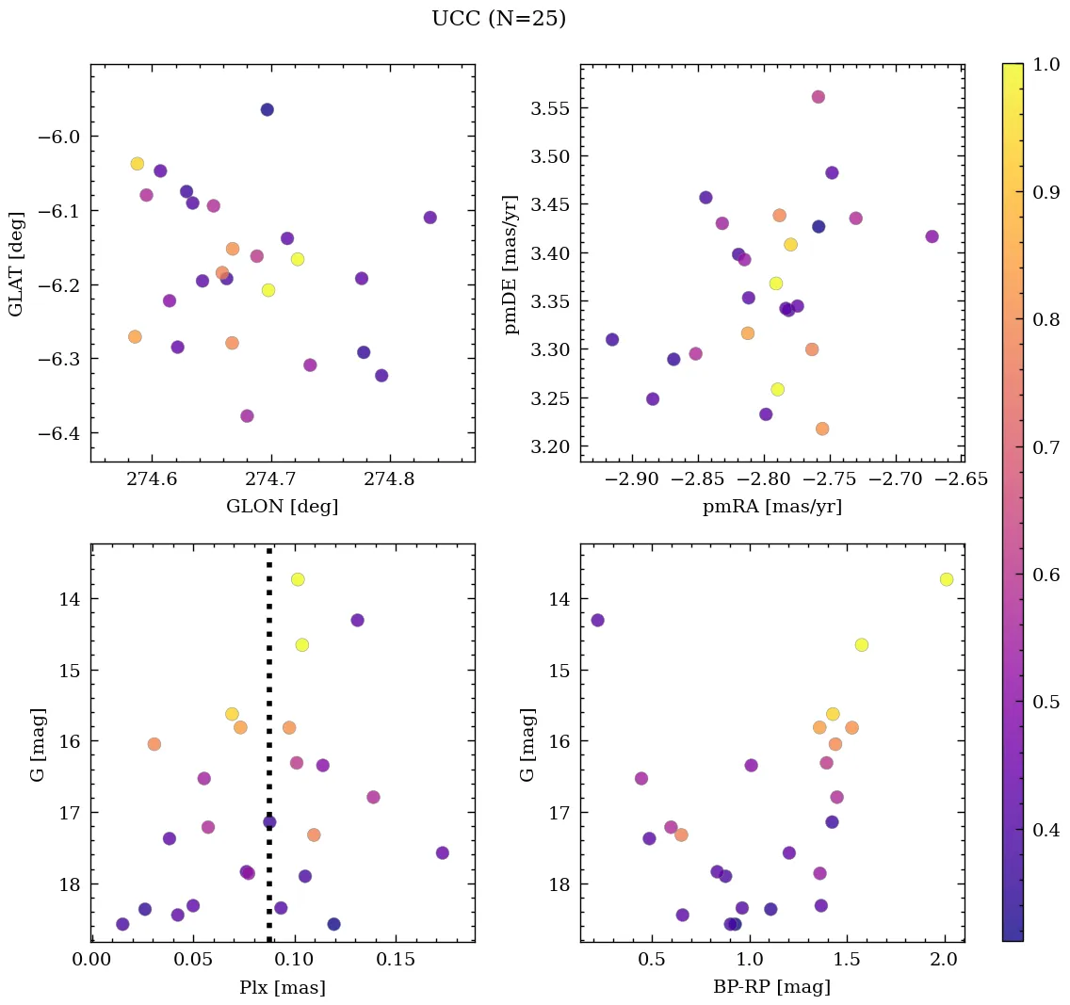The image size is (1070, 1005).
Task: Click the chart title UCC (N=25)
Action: tap(498, 19)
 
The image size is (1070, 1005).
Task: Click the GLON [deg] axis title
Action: tap(282, 507)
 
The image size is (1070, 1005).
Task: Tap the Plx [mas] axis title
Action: tap(282, 987)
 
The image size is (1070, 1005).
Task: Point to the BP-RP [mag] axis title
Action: tap(771, 987)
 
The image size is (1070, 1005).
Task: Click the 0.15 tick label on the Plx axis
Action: tap(397, 961)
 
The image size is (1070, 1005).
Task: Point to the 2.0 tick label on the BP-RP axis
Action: tap(945, 961)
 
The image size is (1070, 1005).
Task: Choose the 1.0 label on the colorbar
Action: tap(1045, 64)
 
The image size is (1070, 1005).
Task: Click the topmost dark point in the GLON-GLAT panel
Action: tap(267, 109)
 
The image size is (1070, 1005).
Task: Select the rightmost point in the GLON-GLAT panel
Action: tap(430, 218)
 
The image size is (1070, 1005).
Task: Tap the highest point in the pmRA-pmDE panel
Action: tap(819, 97)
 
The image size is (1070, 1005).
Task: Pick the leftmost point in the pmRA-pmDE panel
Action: tap(612, 339)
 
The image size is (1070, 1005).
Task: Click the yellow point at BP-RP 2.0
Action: tap(947, 579)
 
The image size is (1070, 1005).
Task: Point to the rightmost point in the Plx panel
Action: tap(443, 852)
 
